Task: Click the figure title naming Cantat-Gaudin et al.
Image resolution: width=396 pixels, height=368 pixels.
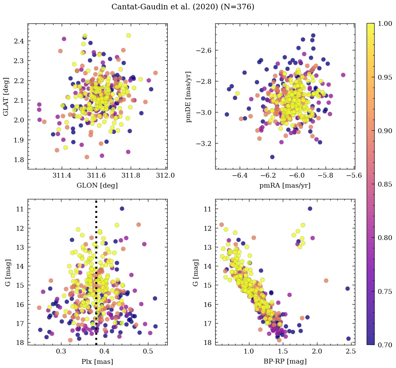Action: point(183,7)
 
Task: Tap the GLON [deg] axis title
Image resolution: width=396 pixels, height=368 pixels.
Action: point(97,186)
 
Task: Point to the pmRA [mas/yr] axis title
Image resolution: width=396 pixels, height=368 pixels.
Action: point(285,186)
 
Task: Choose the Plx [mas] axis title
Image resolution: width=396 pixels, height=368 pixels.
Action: point(97,361)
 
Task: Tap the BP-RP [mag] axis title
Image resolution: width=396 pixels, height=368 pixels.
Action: point(285,361)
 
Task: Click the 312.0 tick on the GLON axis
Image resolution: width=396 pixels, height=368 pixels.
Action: point(166,175)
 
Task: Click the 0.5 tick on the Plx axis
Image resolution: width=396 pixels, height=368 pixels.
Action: point(148,351)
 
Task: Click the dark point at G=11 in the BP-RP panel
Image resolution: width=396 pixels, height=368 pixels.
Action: point(310,209)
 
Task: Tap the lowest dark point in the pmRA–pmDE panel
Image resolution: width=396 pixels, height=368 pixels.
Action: point(272,157)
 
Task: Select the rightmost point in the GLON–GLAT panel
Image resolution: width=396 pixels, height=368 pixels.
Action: point(155,73)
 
